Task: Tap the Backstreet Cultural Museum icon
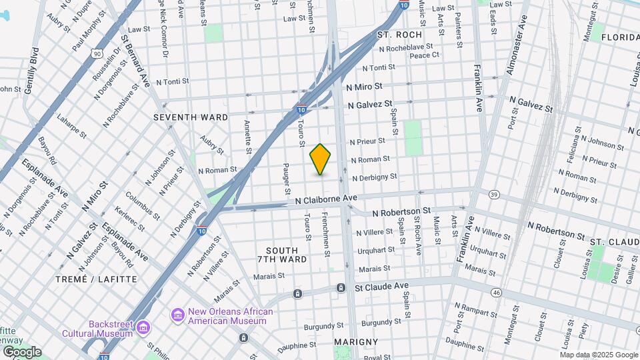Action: pos(143,327)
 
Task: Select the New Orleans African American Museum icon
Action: pos(178,314)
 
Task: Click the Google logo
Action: pos(21,352)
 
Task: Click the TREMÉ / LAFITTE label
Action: pos(96,279)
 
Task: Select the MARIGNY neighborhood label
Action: pos(356,341)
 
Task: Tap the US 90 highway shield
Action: pos(97,53)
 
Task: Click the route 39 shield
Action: pos(493,194)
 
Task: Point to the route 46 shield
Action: pos(496,292)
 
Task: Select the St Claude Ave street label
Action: pos(381,286)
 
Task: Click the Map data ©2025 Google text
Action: pos(599,355)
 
